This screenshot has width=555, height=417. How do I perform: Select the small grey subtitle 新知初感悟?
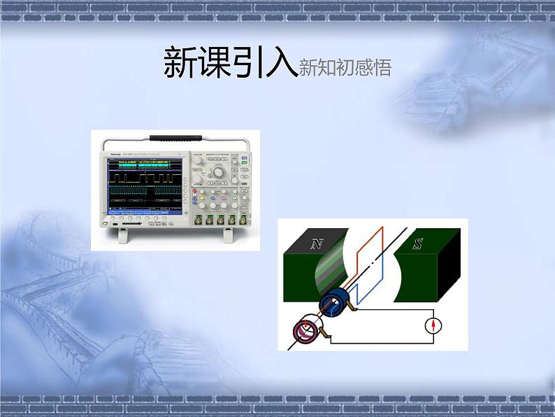(344, 67)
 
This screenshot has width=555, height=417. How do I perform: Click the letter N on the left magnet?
(317, 243)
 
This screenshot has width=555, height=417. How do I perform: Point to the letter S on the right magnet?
(417, 243)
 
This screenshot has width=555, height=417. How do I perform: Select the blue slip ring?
(336, 302)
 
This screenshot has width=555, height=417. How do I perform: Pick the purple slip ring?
(305, 332)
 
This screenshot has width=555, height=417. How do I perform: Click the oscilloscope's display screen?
(145, 185)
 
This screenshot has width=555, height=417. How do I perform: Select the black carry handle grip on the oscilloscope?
(175, 137)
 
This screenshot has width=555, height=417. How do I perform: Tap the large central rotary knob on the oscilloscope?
(219, 172)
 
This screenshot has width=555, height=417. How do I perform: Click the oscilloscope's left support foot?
(123, 235)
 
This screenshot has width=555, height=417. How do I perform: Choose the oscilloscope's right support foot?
(228, 235)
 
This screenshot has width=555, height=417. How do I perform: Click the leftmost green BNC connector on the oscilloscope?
(199, 221)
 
